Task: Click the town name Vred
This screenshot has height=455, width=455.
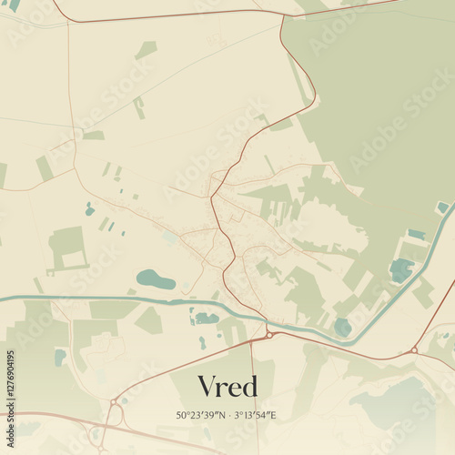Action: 227,386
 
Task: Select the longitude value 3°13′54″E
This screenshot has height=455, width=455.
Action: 256,415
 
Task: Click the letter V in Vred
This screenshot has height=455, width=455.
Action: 207,387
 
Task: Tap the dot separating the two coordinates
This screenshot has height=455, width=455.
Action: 228,415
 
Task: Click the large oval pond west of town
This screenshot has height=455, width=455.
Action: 156,279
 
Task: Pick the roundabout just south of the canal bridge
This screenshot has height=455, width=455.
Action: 270,335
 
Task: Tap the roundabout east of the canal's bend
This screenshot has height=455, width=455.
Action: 414,349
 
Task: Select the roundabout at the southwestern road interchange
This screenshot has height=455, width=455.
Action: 114,401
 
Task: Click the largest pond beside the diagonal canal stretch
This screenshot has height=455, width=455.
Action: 400,269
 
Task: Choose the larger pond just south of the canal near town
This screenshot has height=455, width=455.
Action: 206,318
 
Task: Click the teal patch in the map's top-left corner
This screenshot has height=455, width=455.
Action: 14,5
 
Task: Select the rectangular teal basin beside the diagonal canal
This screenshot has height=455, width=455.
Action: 416,234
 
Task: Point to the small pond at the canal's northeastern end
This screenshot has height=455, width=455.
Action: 442,207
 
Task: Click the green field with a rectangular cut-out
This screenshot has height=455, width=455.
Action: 66,248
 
